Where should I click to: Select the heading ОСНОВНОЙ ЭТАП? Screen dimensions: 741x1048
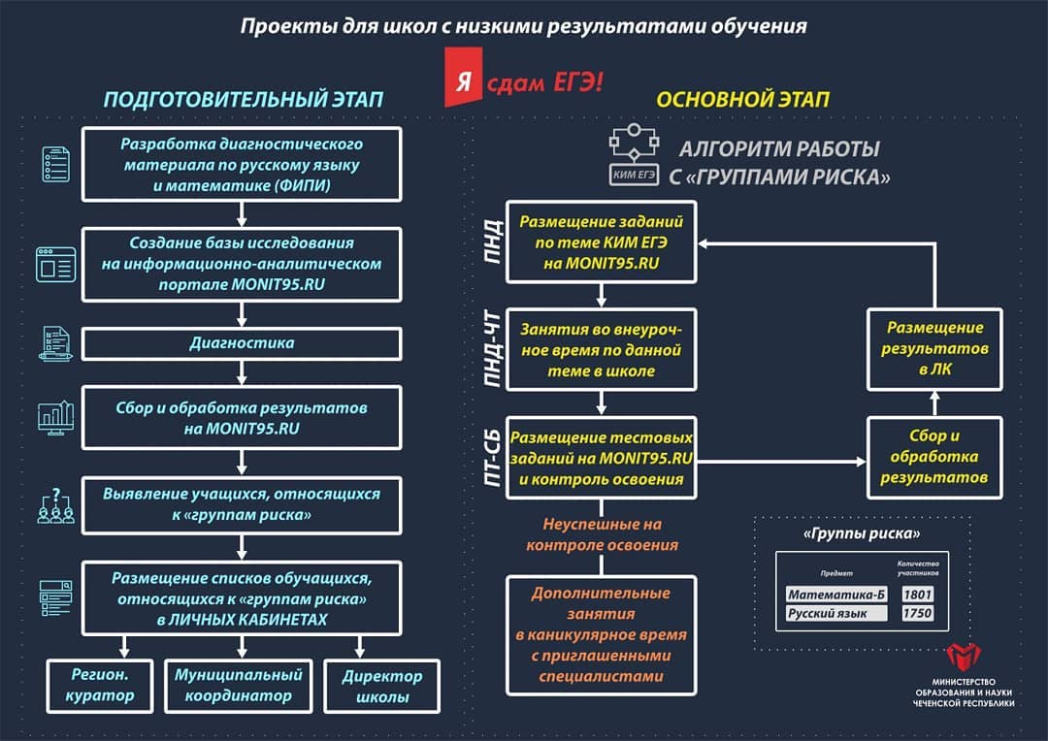click(x=742, y=100)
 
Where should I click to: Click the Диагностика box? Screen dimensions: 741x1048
click(x=242, y=343)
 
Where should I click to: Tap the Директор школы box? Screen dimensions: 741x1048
click(x=381, y=687)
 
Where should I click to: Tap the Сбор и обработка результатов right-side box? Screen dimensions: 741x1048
click(x=933, y=458)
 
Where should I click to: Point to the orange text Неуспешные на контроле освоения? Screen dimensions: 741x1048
click(x=602, y=533)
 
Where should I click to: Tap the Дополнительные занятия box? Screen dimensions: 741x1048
click(x=602, y=634)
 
